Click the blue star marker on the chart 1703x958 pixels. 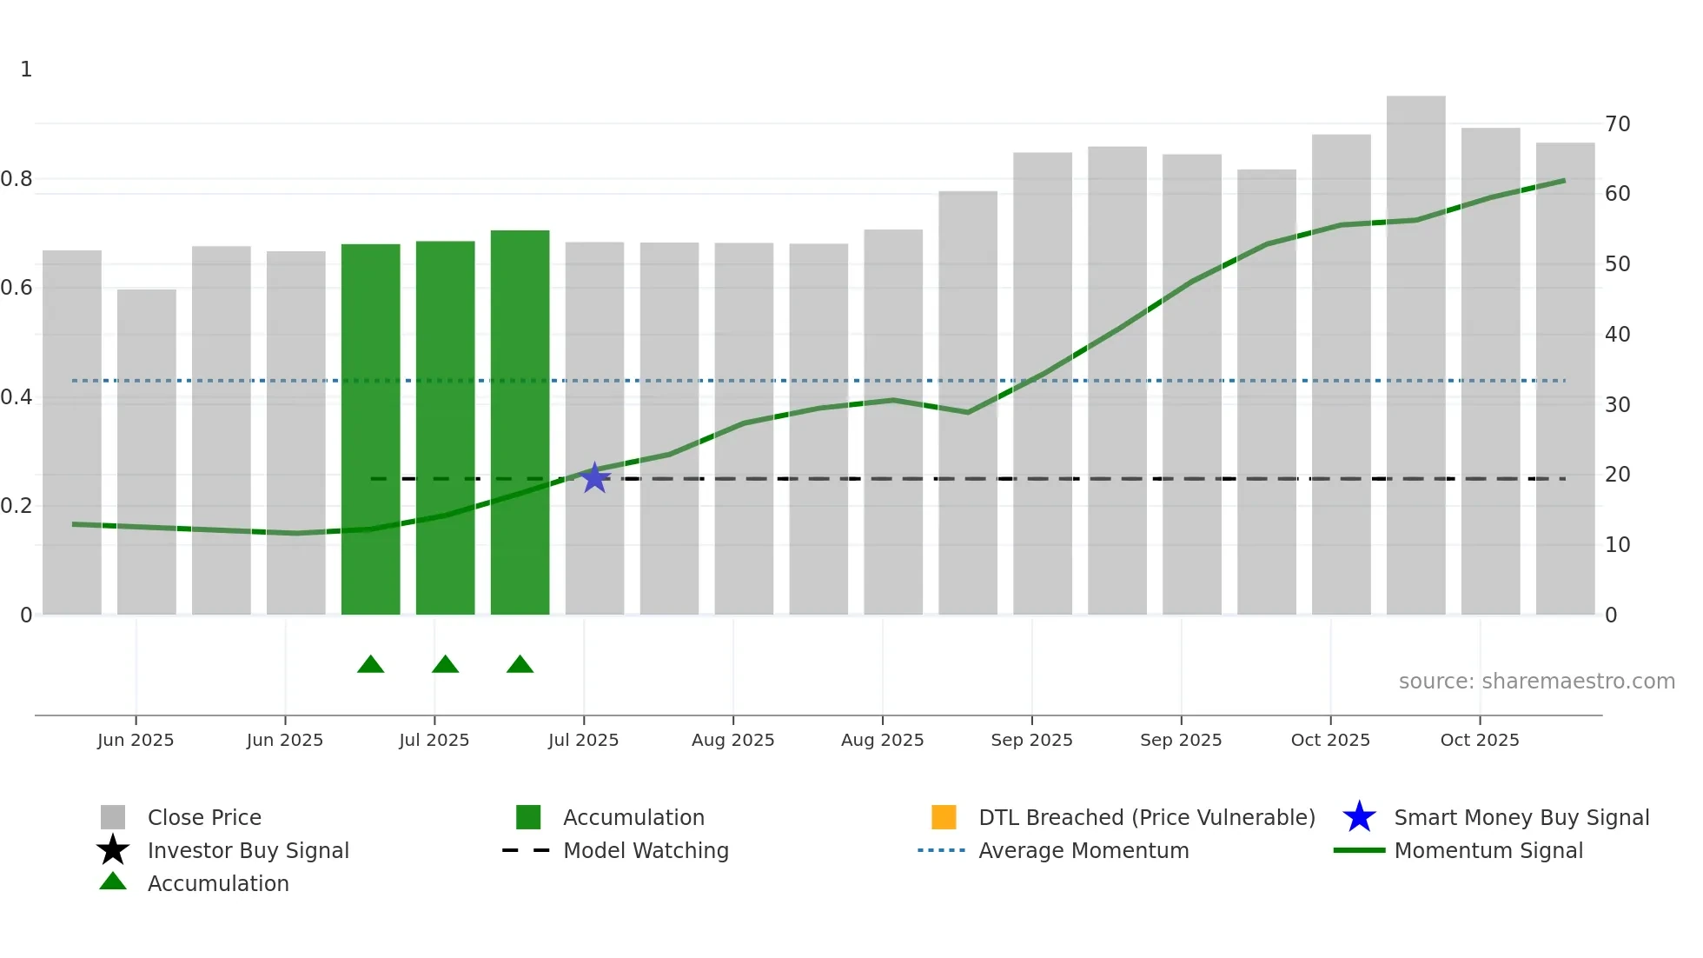click(x=594, y=478)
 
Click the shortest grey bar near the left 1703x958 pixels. click(x=147, y=452)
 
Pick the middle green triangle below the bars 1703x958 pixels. click(x=445, y=665)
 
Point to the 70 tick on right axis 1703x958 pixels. click(x=1617, y=124)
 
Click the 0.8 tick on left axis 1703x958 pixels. click(x=17, y=179)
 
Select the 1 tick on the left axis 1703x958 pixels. click(x=26, y=70)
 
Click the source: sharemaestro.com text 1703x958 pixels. click(x=1536, y=682)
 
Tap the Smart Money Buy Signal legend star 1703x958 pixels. click(x=1359, y=817)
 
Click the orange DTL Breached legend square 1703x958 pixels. click(x=944, y=817)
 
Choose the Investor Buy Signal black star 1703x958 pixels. click(x=113, y=850)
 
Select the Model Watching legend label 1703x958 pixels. click(x=646, y=850)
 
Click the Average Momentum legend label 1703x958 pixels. click(x=1083, y=850)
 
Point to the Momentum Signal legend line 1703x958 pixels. click(x=1359, y=850)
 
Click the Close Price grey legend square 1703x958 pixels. click(x=113, y=817)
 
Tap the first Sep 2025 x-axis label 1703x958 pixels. click(x=1031, y=740)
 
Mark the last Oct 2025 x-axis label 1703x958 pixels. click(x=1480, y=740)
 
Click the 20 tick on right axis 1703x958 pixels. click(x=1617, y=475)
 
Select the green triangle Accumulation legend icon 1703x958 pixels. click(x=113, y=881)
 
